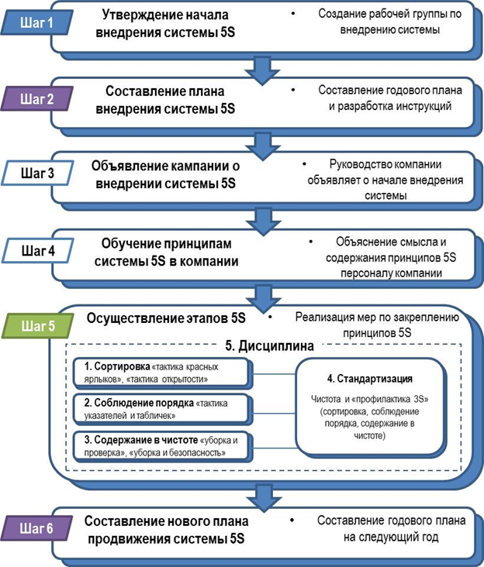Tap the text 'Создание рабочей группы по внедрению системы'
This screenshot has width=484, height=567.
[x=379, y=23]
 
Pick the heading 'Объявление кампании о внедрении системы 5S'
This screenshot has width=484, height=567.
[x=165, y=175]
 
